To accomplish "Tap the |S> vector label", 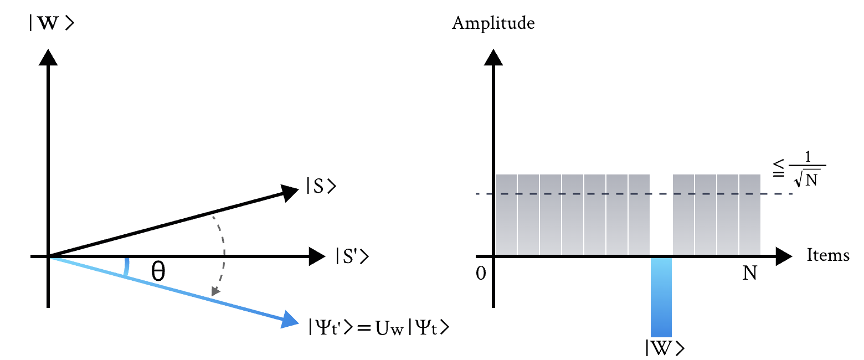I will pyautogui.click(x=321, y=187).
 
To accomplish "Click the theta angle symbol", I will pyautogui.click(x=158, y=271).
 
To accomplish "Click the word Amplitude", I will pyautogui.click(x=493, y=24).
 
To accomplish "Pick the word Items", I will pyautogui.click(x=828, y=255).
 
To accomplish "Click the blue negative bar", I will pyautogui.click(x=661, y=297).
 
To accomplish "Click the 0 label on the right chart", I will pyautogui.click(x=480, y=273).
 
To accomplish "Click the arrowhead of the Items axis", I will pyautogui.click(x=783, y=256).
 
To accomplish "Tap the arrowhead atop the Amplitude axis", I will pyautogui.click(x=493, y=58).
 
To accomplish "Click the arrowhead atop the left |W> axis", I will pyautogui.click(x=49, y=58).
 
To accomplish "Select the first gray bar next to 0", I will pyautogui.click(x=506, y=214).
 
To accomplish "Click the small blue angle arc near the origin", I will pyautogui.click(x=127, y=266).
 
